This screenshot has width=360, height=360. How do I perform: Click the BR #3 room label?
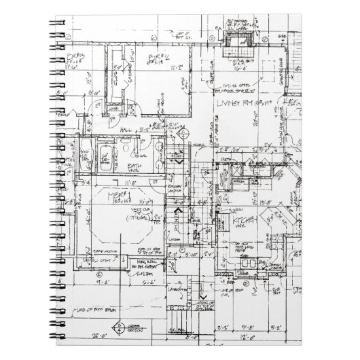tap(73, 56)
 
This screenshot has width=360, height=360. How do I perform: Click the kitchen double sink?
tap(250, 261)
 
